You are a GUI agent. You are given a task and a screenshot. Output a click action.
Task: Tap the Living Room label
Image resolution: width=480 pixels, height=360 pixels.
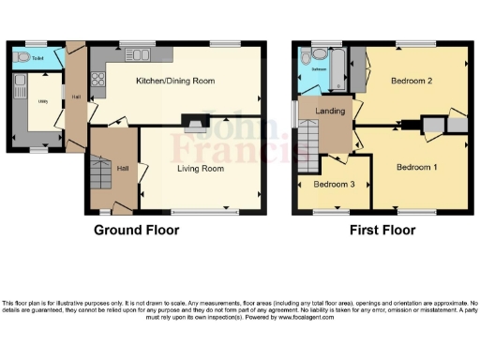pyautogui.click(x=200, y=169)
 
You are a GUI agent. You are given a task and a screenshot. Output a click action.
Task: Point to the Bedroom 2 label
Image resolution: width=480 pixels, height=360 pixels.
pyautogui.click(x=411, y=82)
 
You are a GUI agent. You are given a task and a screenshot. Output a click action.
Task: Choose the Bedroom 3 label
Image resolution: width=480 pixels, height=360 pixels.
pyautogui.click(x=334, y=184)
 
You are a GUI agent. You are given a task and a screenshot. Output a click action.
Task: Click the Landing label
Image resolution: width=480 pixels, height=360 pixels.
pyautogui.click(x=329, y=112)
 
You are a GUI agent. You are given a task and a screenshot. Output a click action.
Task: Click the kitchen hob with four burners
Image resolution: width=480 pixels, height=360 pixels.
pyautogui.click(x=98, y=80)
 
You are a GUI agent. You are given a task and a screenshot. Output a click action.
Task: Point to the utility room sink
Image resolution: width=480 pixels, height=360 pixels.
pyautogui.click(x=19, y=91)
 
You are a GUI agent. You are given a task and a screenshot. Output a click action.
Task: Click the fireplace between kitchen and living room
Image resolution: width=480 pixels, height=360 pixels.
pyautogui.click(x=193, y=120)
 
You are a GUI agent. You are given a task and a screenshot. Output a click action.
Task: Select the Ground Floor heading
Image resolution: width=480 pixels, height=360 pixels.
pyautogui.click(x=136, y=230)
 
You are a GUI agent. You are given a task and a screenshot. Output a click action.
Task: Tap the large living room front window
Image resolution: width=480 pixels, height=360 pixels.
pyautogui.click(x=199, y=211)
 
